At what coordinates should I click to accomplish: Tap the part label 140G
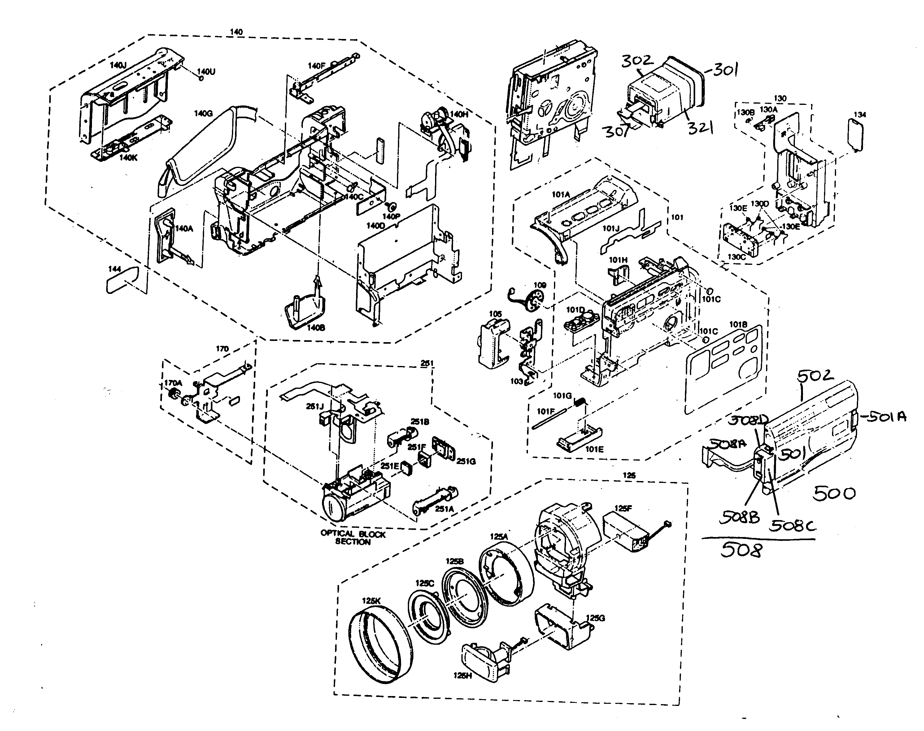[203, 114]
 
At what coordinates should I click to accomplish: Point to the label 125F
[623, 509]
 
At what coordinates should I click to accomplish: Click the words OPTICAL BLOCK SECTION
[353, 538]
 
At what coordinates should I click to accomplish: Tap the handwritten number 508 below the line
[741, 550]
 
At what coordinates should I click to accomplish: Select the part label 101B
[738, 325]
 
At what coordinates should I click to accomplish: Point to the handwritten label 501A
[883, 416]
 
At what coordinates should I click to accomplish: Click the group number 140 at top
[236, 32]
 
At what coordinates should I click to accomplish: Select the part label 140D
[376, 226]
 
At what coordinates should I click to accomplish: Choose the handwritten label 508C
[792, 526]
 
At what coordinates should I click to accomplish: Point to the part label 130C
[736, 257]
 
